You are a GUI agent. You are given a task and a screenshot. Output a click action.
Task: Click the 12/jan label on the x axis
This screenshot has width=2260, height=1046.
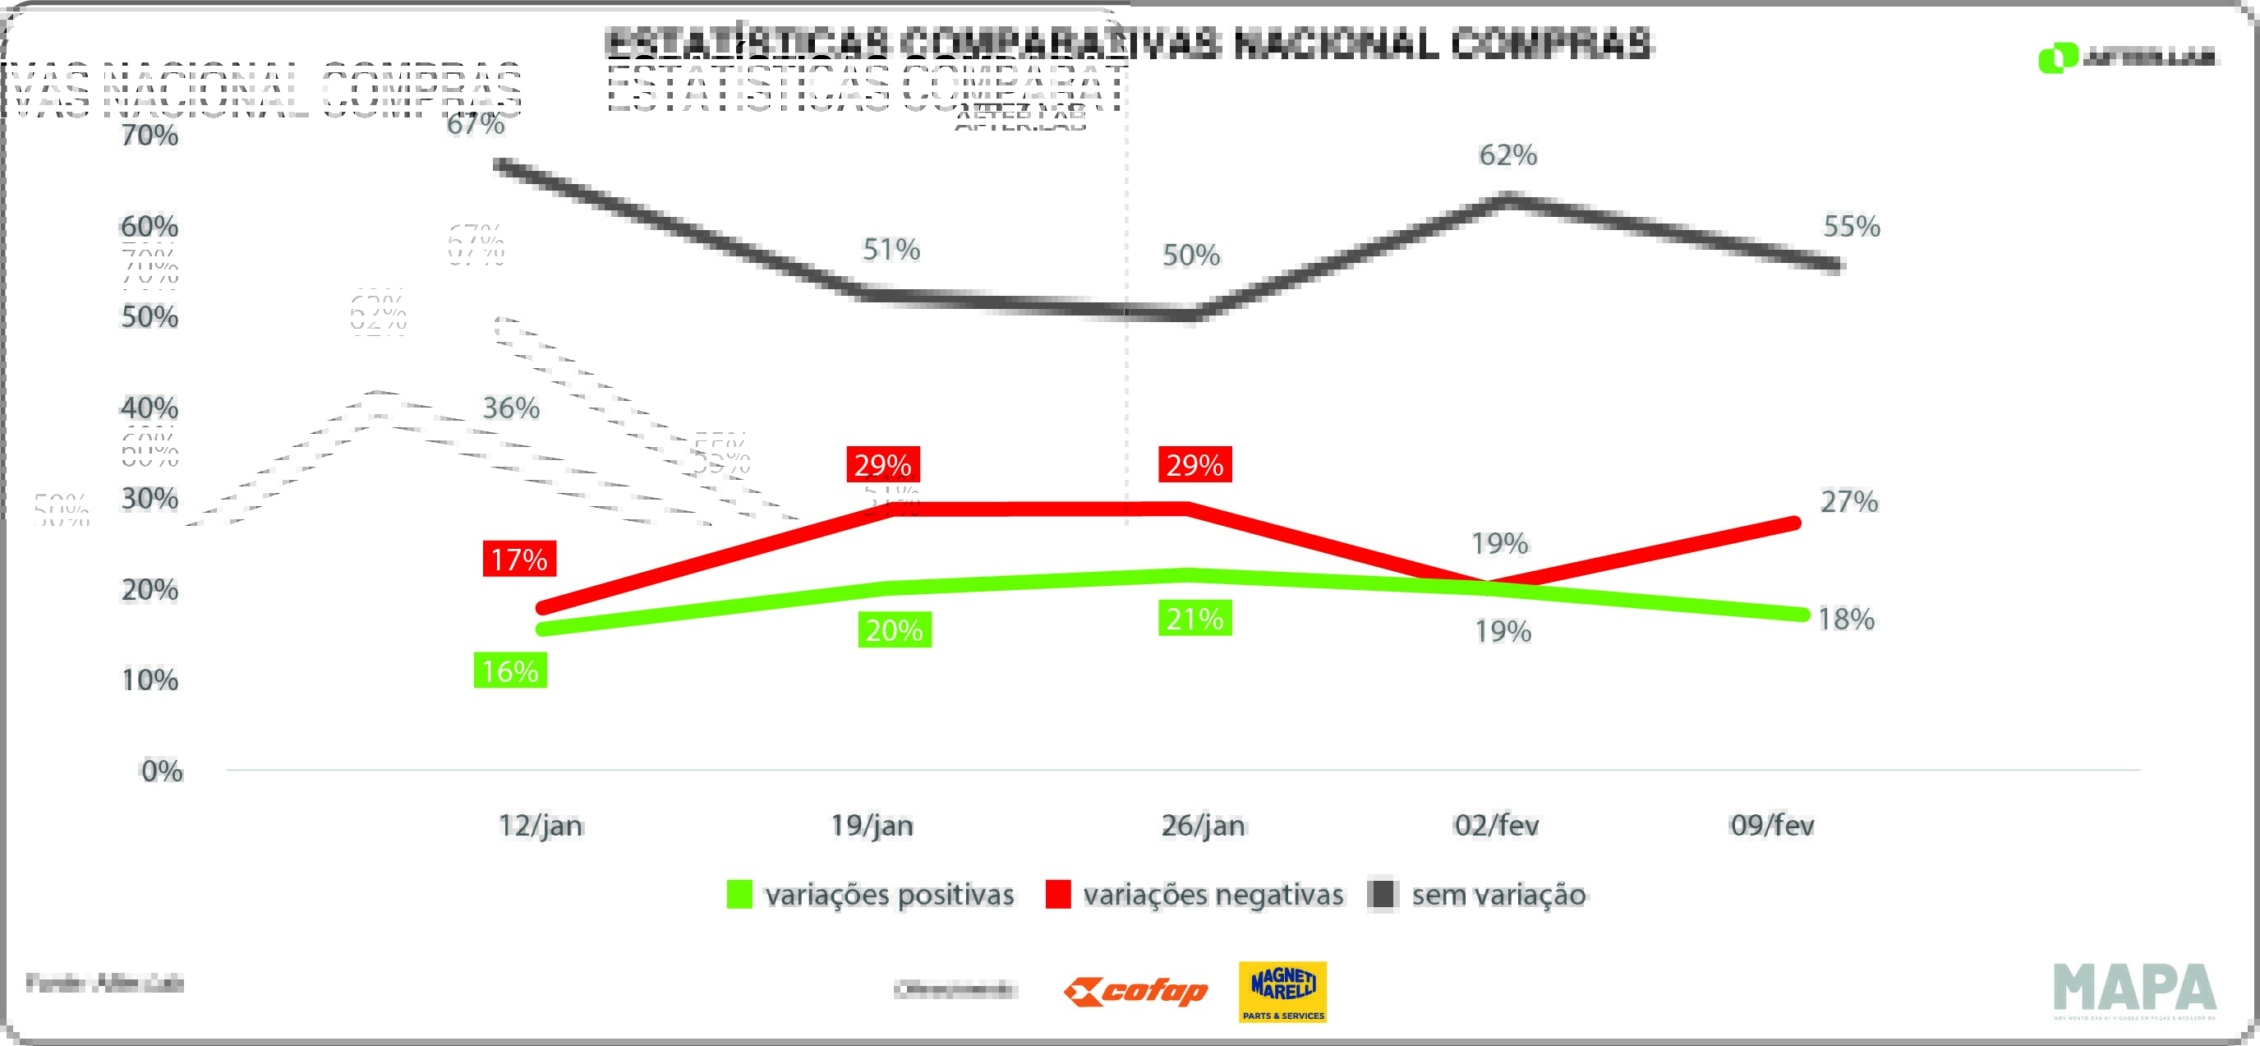(541, 826)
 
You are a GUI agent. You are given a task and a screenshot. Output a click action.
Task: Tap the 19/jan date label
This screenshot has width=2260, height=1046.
(872, 826)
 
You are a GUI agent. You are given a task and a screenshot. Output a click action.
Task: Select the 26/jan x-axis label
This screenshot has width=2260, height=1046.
(1203, 826)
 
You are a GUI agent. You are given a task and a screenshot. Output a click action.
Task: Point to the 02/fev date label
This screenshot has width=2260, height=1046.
(1497, 826)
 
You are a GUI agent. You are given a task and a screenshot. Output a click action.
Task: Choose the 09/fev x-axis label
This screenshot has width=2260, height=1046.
(1772, 826)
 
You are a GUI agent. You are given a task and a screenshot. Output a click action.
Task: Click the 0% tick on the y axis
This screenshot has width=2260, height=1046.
(163, 772)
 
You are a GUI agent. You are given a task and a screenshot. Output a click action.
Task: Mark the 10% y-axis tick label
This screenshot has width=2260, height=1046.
(150, 680)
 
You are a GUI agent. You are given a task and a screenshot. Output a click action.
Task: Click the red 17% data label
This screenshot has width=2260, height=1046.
(519, 559)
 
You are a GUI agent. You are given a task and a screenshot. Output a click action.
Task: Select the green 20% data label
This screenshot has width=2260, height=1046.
(894, 630)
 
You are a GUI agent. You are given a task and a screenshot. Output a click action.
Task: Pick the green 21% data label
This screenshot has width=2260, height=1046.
(1195, 619)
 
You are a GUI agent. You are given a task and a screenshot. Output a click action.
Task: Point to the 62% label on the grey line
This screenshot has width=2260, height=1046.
(1508, 155)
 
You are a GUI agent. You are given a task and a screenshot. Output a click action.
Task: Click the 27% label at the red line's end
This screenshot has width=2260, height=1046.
(1849, 502)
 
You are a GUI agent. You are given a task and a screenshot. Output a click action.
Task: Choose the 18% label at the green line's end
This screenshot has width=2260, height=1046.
(1846, 620)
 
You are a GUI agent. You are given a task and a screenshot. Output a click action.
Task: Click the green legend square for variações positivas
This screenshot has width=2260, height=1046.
(739, 895)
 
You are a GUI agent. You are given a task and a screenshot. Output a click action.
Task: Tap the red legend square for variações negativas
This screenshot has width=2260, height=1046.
(1058, 895)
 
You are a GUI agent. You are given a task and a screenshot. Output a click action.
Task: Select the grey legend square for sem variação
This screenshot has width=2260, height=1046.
(1383, 895)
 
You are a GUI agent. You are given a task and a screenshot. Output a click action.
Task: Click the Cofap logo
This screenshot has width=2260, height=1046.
(1136, 993)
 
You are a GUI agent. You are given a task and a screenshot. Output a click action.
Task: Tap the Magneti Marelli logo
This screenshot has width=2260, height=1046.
(1282, 993)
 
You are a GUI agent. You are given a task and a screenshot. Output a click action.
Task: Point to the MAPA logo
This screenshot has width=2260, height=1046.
(2134, 990)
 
